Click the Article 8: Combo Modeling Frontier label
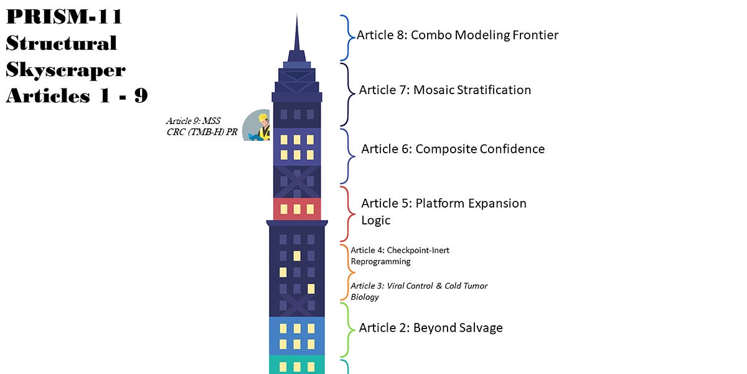point(457,36)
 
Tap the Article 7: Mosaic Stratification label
point(444,90)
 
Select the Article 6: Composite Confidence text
point(453,149)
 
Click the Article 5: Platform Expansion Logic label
point(443,211)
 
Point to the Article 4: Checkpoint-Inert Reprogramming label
point(400,256)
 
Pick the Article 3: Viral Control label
point(419,291)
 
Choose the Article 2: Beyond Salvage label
point(431,328)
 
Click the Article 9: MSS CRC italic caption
point(201,127)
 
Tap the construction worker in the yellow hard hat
point(263,127)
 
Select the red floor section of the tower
point(297,209)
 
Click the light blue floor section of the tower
point(297,335)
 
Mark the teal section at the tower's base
point(297,365)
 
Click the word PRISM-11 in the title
point(63,17)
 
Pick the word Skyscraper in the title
point(66,69)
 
